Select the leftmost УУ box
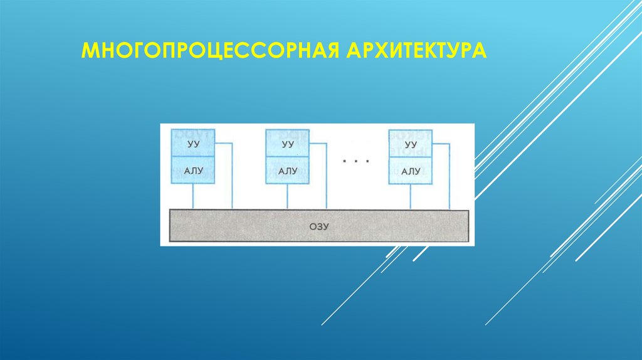click(x=193, y=144)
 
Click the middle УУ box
click(x=288, y=144)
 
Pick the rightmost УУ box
click(x=410, y=144)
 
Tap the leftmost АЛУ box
click(x=193, y=171)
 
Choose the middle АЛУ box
click(x=288, y=171)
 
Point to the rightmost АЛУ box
click(x=410, y=171)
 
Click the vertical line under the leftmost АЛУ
click(x=193, y=196)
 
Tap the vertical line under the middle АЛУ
click(x=288, y=196)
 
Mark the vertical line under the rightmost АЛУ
click(x=410, y=196)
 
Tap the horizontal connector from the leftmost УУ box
click(x=224, y=144)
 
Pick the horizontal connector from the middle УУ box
click(x=318, y=144)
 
